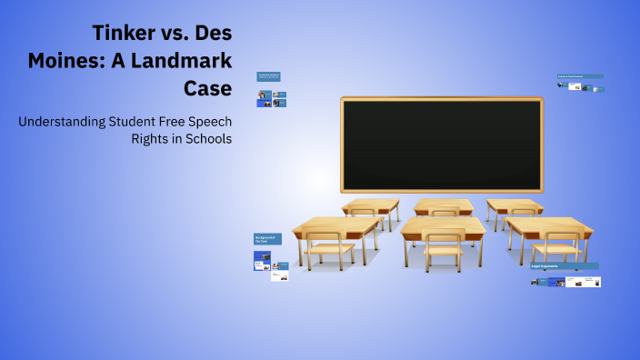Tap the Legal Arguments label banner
565,266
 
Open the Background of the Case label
267,239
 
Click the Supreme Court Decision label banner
580,76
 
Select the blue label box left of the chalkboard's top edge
268,77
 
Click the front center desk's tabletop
443,225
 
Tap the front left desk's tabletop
337,226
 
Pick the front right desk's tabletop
549,226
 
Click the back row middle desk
444,205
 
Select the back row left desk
371,205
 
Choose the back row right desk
515,205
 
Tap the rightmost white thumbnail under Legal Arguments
592,282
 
